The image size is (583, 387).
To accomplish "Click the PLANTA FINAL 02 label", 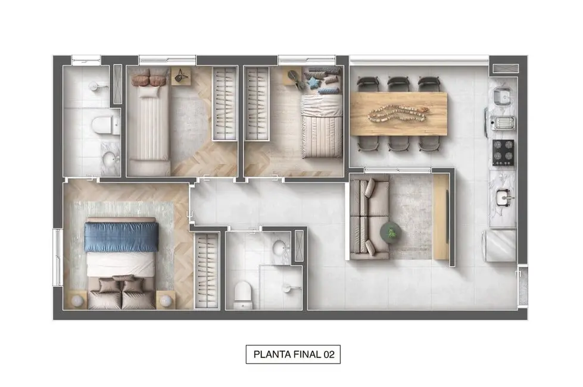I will [293, 355].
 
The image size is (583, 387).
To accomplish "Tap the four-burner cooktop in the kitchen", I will [503, 153].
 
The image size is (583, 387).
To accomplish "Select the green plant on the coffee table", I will [392, 233].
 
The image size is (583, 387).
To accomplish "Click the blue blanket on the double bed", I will [121, 236].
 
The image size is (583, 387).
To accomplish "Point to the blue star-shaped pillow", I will [313, 82].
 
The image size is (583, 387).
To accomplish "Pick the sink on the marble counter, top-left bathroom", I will [109, 159].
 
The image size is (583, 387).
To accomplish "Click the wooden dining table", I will [398, 113].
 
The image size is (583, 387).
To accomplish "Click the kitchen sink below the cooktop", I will [504, 195].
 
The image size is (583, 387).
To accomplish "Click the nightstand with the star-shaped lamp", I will [181, 76].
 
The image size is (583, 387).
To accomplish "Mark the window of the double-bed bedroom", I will [57, 258].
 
